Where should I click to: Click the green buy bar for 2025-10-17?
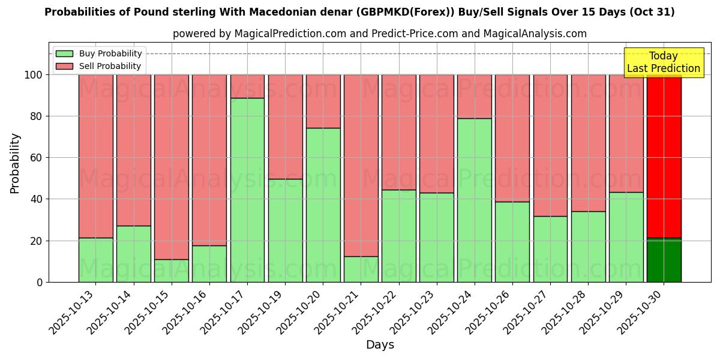pos(247,190)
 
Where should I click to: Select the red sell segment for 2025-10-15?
pos(172,167)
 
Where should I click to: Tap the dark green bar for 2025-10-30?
pos(664,260)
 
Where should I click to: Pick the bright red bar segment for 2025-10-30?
pos(664,156)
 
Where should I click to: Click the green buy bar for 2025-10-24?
pos(475,200)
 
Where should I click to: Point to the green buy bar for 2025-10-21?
pos(361,269)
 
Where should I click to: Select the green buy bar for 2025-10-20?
pos(323,205)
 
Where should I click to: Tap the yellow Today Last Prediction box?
pos(663,62)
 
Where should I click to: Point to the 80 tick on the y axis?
pos(36,116)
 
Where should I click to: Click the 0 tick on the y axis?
pos(40,282)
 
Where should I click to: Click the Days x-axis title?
pos(380,345)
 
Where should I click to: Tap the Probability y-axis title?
pos(15,163)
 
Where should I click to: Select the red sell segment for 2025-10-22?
pos(399,132)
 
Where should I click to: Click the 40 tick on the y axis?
pos(36,199)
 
